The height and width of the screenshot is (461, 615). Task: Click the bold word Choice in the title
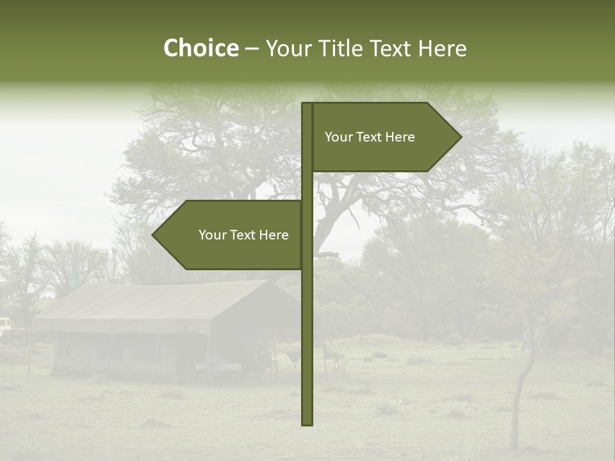coord(201,48)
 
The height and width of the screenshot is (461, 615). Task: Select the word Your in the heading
coord(289,48)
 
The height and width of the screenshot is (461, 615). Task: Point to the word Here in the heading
coord(442,48)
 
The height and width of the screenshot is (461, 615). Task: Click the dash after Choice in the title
coord(252,49)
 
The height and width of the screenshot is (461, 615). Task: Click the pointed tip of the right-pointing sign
coord(459,137)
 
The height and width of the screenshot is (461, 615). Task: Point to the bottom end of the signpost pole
coord(307,423)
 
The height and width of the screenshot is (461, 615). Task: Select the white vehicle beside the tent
coord(5,326)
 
